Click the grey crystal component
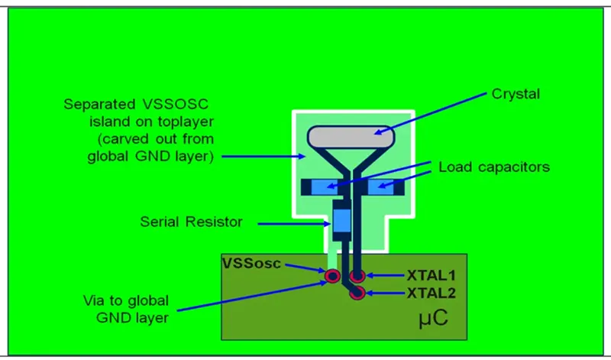click(351, 137)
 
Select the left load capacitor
click(324, 187)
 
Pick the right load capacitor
click(380, 187)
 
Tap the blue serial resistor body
click(341, 221)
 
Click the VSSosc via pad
click(333, 276)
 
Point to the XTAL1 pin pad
click(357, 276)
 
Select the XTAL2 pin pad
click(357, 293)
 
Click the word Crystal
click(516, 94)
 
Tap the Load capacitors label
click(494, 167)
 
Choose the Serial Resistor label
click(192, 222)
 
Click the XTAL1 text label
click(432, 276)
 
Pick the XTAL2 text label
click(432, 293)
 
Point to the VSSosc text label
click(251, 263)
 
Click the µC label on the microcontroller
click(433, 318)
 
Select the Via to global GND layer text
click(126, 310)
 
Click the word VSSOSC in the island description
click(176, 104)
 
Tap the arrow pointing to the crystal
click(431, 113)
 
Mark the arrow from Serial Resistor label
click(294, 224)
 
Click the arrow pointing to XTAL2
click(386, 293)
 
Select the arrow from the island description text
click(263, 157)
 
